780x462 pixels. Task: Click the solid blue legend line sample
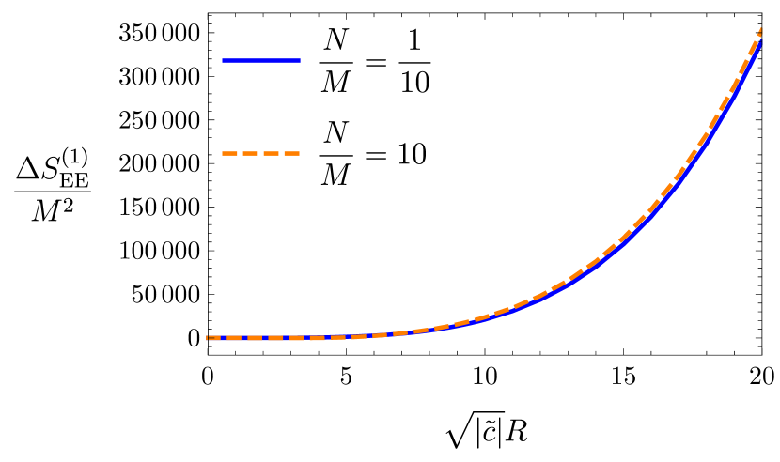(x=261, y=60)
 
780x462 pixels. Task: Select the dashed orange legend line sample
(x=261, y=153)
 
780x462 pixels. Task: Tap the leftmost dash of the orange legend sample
(x=228, y=153)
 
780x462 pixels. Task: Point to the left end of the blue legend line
(x=224, y=60)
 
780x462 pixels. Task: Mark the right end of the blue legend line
(x=299, y=60)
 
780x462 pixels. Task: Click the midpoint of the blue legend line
(x=261, y=60)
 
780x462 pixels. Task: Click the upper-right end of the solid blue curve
(x=760, y=43)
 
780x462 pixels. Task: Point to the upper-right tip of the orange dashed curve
(x=761, y=30)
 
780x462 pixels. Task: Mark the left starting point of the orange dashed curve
(x=208, y=337)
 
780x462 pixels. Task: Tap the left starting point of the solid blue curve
(x=210, y=338)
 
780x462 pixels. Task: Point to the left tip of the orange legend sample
(x=223, y=153)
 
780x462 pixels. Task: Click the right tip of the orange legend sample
(x=299, y=153)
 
